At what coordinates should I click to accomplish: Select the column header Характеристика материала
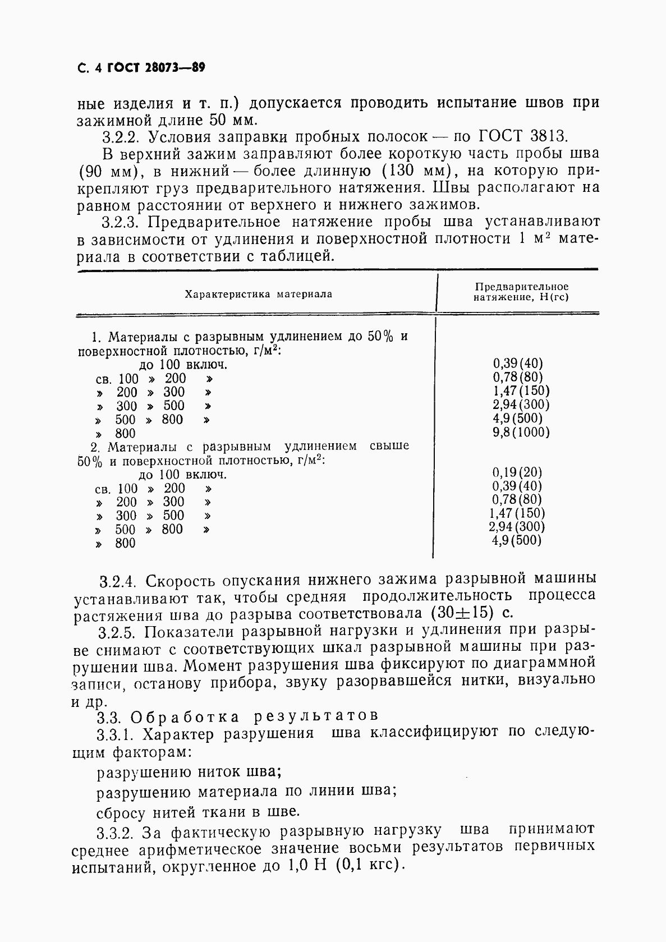coord(258,294)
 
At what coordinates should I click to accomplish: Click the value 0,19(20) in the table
coord(517,472)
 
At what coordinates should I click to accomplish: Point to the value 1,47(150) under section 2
coord(517,513)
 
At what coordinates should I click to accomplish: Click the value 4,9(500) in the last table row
coord(517,540)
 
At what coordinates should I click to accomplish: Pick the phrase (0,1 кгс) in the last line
coord(369,866)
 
